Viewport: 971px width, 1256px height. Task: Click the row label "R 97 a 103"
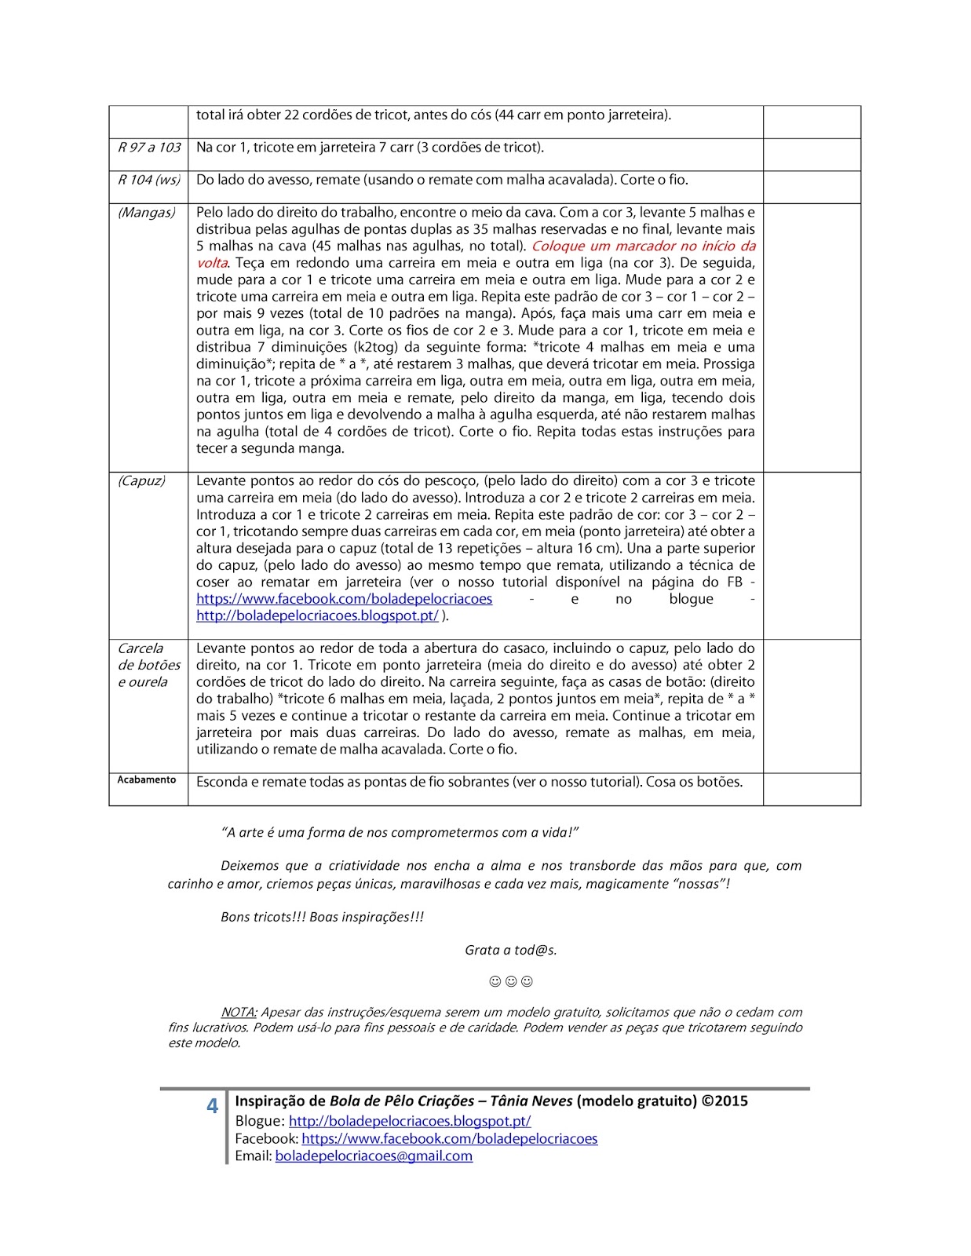pos(149,148)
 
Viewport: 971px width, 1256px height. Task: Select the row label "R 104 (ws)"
pos(149,180)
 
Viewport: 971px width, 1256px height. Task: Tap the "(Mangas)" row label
pos(147,213)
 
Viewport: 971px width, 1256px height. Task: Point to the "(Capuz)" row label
pos(141,481)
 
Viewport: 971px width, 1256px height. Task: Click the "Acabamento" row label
pos(147,780)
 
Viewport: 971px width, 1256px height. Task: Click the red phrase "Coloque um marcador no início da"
pos(644,246)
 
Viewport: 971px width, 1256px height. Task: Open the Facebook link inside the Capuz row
pos(345,599)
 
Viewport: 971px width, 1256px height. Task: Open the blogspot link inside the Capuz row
pos(317,616)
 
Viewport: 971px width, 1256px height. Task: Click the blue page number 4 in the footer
pos(212,1106)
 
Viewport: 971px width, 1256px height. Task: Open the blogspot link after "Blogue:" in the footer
pos(410,1122)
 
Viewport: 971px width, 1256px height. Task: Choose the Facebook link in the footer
pos(450,1139)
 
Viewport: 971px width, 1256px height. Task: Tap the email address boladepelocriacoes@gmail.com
pos(374,1156)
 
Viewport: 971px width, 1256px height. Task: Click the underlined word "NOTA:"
pos(239,1013)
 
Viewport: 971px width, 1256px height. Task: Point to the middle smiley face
pos(511,981)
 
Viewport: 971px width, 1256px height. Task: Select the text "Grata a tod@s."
pos(511,950)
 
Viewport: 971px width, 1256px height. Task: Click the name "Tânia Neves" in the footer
pos(531,1101)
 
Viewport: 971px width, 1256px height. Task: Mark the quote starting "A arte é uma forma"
pos(400,833)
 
